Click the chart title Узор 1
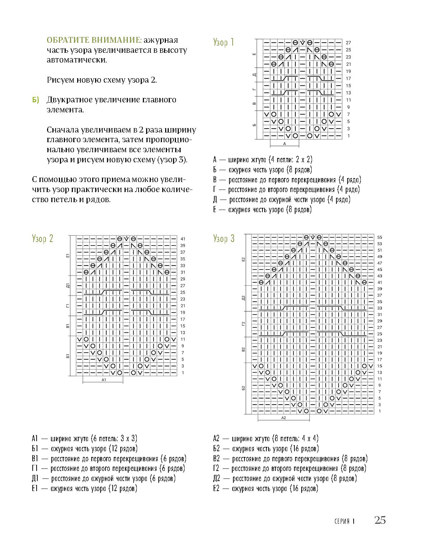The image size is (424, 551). (223, 42)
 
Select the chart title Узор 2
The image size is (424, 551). (42, 239)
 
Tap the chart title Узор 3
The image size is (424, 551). (224, 239)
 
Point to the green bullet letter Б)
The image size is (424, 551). (36, 100)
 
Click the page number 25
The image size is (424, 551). (380, 520)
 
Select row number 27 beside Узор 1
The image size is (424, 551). (348, 43)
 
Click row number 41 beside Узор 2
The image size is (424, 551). (183, 239)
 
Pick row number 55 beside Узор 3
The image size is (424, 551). (380, 237)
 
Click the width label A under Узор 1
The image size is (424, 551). (284, 144)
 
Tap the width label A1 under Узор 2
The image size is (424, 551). (103, 379)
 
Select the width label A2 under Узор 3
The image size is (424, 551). (283, 418)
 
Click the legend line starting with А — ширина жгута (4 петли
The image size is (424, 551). (263, 159)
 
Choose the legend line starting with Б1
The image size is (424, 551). (85, 449)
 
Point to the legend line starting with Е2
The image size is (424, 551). (266, 489)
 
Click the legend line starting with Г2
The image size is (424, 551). (290, 468)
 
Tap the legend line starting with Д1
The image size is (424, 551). (104, 478)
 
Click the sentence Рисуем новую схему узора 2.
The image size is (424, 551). (102, 80)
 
